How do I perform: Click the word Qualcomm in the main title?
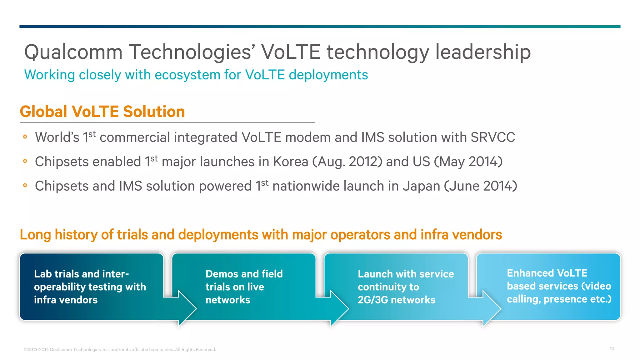pyautogui.click(x=73, y=52)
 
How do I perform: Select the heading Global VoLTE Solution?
pyautogui.click(x=102, y=112)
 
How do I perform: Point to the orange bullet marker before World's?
pyautogui.click(x=25, y=137)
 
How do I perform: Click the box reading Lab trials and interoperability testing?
pyautogui.click(x=90, y=287)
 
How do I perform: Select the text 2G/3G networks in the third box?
pyautogui.click(x=396, y=300)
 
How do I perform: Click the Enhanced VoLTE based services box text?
pyautogui.click(x=558, y=286)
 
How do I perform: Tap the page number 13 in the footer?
pyautogui.click(x=612, y=349)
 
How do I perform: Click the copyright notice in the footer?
pyautogui.click(x=120, y=350)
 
